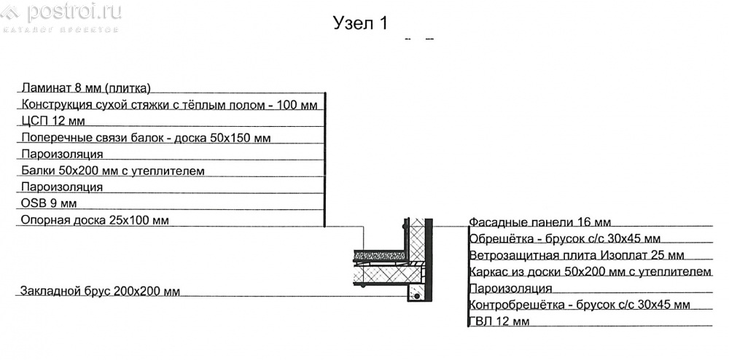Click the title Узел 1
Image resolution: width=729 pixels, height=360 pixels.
[x=360, y=23]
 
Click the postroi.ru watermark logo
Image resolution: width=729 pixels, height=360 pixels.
[x=61, y=15]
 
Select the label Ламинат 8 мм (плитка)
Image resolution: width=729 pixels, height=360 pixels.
[x=86, y=87]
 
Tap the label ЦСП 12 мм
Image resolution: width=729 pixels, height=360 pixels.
[x=53, y=121]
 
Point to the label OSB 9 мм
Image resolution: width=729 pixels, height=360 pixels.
[x=50, y=203]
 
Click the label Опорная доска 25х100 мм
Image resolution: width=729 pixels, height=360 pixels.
[x=95, y=219]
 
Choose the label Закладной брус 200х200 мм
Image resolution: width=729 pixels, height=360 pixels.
[x=99, y=291]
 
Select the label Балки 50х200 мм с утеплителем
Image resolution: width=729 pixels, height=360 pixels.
[x=113, y=171]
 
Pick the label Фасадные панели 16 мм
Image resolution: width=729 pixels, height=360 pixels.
[x=539, y=222]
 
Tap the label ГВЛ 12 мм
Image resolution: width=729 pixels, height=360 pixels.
[x=499, y=321]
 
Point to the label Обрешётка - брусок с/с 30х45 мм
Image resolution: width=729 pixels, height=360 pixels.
[x=565, y=239]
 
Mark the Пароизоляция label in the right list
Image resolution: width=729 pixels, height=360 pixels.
[x=510, y=289]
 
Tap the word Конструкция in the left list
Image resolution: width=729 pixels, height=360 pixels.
[x=52, y=104]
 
